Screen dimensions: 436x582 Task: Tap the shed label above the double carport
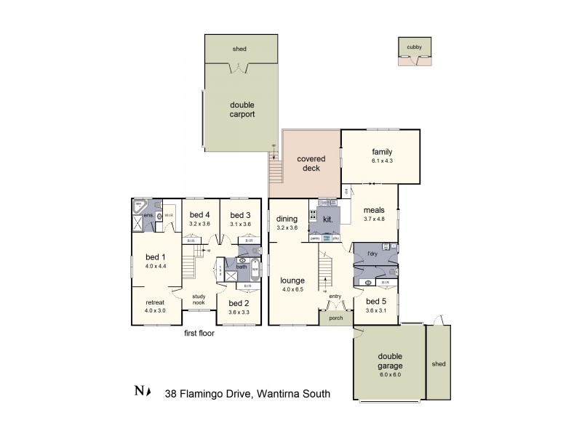tap(239, 49)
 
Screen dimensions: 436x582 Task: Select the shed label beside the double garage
tap(438, 363)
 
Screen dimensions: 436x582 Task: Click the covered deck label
tap(311, 163)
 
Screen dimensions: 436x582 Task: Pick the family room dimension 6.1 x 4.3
tap(382, 161)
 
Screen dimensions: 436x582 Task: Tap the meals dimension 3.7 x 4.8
tap(375, 219)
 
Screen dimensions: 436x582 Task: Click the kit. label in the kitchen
tap(327, 218)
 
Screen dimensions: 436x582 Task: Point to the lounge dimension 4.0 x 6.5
tap(293, 289)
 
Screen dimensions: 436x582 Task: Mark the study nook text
tap(199, 299)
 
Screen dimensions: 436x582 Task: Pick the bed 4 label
tap(200, 215)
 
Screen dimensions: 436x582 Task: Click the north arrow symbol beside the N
tap(148, 394)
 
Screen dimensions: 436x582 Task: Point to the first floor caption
tap(199, 334)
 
